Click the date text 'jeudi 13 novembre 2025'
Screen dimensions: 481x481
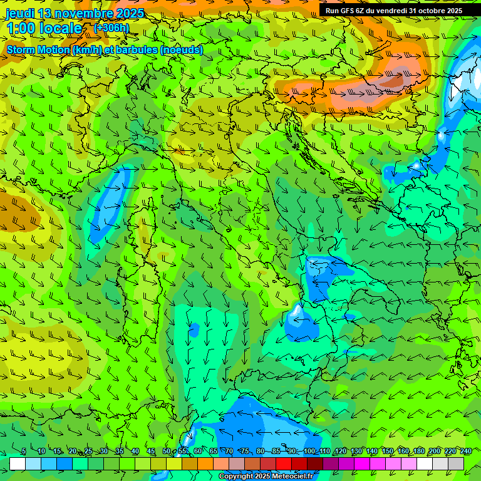click(x=75, y=13)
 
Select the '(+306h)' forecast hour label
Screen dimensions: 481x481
click(x=111, y=28)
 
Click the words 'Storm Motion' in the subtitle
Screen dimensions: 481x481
click(x=38, y=49)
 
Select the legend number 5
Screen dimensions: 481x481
click(x=24, y=452)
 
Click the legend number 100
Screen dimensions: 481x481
click(x=309, y=452)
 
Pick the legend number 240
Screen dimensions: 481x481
click(x=465, y=452)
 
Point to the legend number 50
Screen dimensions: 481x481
click(x=167, y=452)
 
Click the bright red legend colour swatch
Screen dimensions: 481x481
click(x=284, y=463)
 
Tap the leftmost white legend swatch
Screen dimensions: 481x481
click(x=18, y=463)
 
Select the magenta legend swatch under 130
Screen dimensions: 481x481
click(x=362, y=463)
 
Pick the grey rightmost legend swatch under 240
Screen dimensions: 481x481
click(x=456, y=463)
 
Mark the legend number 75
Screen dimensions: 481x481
click(x=245, y=452)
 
